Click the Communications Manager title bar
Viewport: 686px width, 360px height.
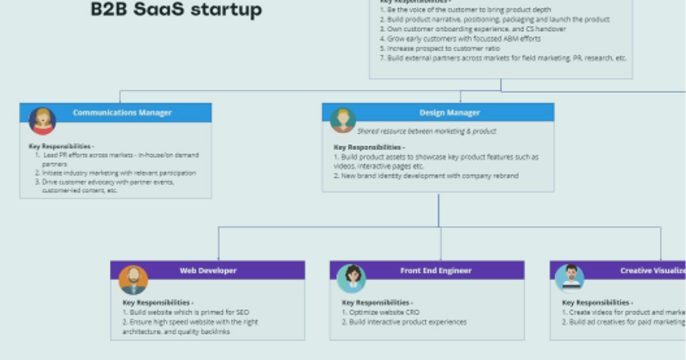[x=122, y=113]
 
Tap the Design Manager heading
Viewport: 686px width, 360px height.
[x=449, y=113]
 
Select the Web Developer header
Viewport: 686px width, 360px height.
[x=208, y=270]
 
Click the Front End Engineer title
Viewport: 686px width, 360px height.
[x=436, y=270]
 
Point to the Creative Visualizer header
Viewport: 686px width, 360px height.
[x=652, y=270]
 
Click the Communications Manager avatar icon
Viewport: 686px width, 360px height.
[x=42, y=121]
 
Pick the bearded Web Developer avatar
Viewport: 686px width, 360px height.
[x=133, y=279]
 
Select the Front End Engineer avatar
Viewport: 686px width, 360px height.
[x=351, y=278]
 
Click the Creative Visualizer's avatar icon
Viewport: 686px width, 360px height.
[x=570, y=278]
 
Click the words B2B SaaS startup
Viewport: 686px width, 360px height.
[x=176, y=10]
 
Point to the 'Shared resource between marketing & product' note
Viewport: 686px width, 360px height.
[x=426, y=131]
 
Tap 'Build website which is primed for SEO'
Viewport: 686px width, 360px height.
[x=186, y=313]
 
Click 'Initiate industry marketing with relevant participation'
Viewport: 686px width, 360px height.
[x=118, y=173]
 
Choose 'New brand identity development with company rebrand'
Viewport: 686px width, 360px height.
[x=426, y=176]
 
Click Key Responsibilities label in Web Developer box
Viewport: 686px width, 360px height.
[x=158, y=303]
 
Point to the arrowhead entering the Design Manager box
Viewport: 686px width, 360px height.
[x=461, y=101]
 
